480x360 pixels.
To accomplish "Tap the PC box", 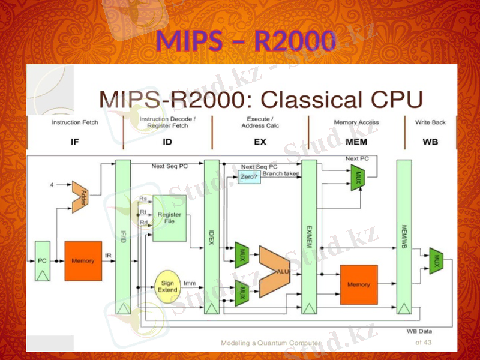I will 42,260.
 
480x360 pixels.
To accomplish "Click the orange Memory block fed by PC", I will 83,260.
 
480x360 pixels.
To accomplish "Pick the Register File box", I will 169,218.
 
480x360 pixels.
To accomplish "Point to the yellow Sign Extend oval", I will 167,286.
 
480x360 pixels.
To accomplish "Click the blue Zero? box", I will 249,177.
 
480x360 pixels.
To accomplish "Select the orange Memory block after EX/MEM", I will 359,284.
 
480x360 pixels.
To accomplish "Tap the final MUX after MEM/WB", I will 437,261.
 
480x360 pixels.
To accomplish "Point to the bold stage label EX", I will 260,142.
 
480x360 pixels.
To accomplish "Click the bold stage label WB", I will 430,142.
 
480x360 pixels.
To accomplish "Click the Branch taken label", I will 281,173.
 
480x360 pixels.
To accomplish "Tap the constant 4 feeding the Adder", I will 52,184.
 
